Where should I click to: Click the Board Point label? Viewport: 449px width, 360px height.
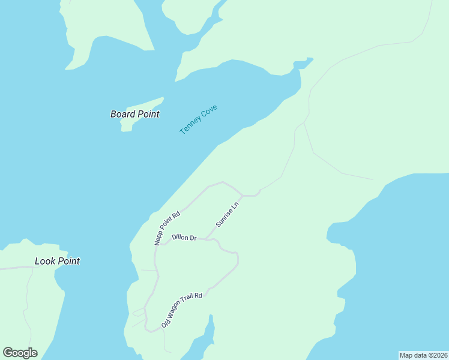(x=134, y=114)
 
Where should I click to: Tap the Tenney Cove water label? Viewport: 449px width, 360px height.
(x=198, y=119)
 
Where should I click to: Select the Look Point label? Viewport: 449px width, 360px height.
(x=57, y=261)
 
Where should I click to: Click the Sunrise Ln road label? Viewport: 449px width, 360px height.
(x=228, y=214)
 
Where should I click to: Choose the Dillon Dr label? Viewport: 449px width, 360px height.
(x=184, y=238)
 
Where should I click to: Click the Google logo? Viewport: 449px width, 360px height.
(x=20, y=353)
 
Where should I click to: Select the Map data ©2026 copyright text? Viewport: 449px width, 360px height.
(x=423, y=355)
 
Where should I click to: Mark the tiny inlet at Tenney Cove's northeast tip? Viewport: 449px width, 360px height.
(x=303, y=62)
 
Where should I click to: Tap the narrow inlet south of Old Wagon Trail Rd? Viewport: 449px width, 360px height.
(x=208, y=336)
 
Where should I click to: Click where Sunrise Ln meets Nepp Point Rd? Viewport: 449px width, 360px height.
(x=242, y=196)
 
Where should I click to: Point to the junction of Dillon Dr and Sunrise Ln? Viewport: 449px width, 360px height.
(x=208, y=239)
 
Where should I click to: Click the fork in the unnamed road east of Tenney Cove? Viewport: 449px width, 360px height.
(x=304, y=122)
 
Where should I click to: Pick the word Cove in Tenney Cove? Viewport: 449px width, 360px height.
(x=209, y=112)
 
